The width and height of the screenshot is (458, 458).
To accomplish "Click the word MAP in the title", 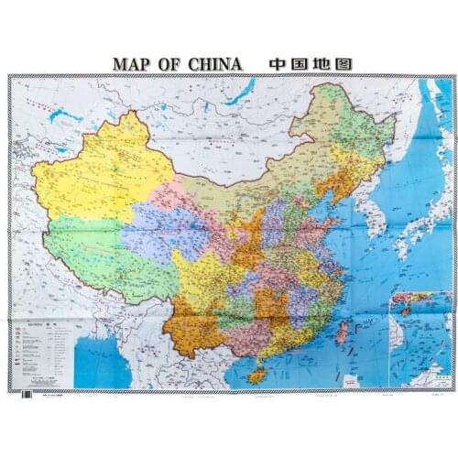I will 132,65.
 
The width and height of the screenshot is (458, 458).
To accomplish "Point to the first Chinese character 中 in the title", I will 278,64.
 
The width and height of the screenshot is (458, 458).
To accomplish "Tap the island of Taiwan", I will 342,333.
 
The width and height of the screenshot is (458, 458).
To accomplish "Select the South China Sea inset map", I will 418,339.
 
